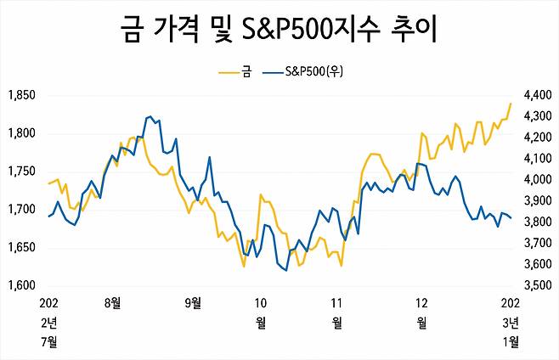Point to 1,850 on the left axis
click(20, 95)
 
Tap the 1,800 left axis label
click(20, 133)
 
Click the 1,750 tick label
click(20, 172)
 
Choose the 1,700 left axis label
click(20, 210)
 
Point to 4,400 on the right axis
click(538, 95)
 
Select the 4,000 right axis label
click(538, 180)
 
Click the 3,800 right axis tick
click(538, 222)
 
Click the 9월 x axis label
click(194, 302)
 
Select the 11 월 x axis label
click(336, 312)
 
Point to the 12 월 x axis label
click(421, 312)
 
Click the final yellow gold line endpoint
click(511, 104)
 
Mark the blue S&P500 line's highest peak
click(150, 115)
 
